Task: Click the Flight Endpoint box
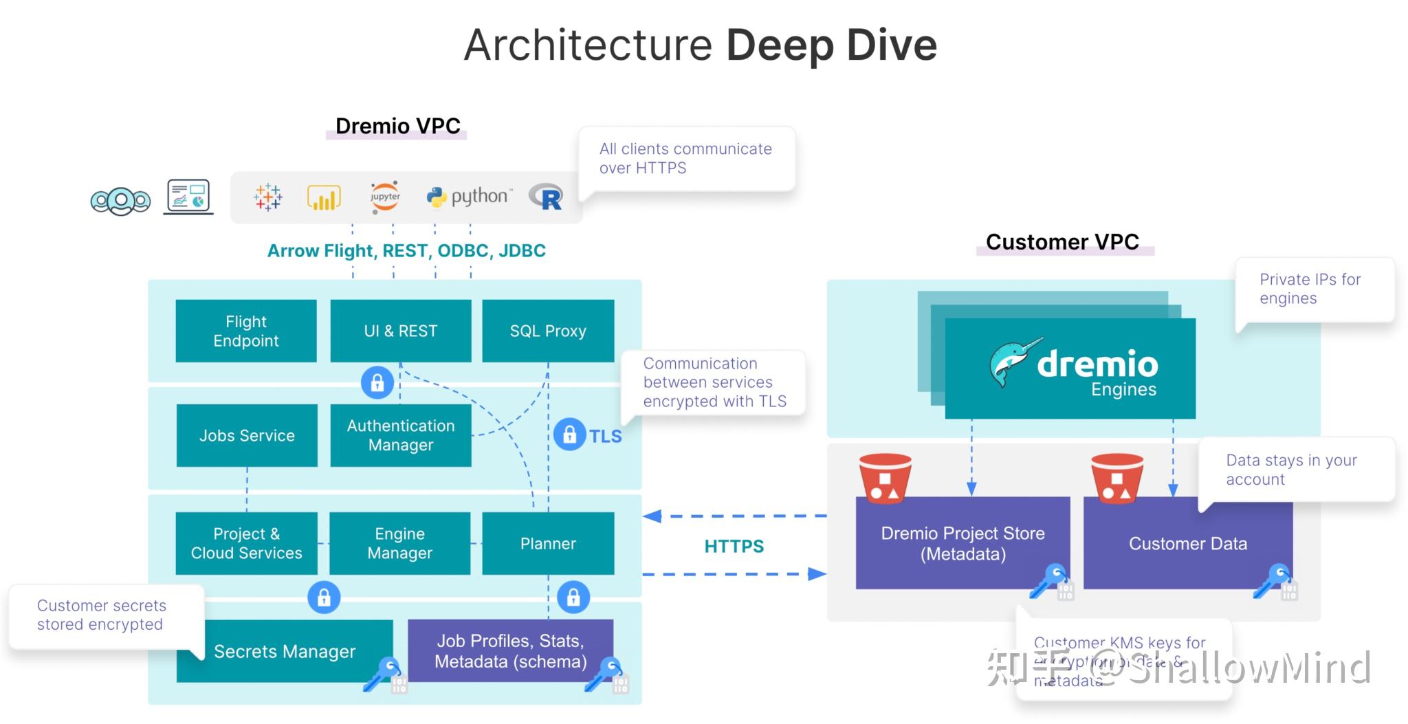[246, 331]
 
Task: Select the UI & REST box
[401, 331]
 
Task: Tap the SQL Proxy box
[548, 331]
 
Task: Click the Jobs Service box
[247, 435]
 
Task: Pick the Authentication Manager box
[401, 435]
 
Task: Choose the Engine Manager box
[399, 543]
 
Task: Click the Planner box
[548, 543]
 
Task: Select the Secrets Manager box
[285, 651]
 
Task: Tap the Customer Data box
[1187, 543]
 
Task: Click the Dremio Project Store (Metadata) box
[962, 543]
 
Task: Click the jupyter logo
[385, 197]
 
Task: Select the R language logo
[547, 197]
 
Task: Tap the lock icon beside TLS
[569, 435]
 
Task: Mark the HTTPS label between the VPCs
[734, 546]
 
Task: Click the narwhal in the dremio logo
[1013, 362]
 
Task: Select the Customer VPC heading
[1062, 242]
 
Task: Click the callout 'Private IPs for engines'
[1310, 289]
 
